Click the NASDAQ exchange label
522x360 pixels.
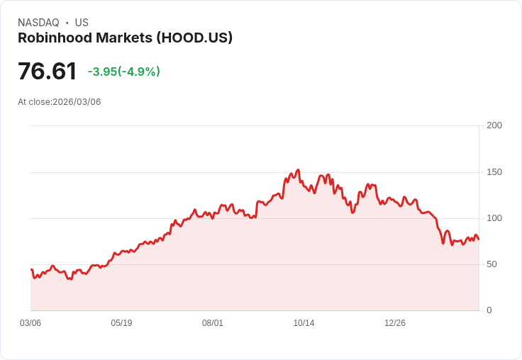[38, 23]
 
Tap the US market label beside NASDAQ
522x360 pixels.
[82, 23]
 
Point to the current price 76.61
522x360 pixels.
[47, 72]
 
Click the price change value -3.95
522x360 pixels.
[102, 72]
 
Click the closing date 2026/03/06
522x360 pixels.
[77, 102]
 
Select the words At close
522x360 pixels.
[34, 102]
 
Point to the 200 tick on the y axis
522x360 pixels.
[494, 125]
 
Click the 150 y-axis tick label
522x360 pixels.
[494, 172]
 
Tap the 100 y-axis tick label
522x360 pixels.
[494, 218]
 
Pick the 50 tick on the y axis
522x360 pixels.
[492, 264]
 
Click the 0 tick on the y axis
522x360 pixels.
[489, 310]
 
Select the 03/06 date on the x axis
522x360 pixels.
[30, 323]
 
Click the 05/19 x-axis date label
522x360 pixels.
[121, 323]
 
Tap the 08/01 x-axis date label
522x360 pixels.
[213, 323]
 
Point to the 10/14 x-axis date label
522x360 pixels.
[304, 323]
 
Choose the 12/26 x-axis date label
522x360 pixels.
[395, 323]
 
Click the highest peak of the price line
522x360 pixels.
[299, 170]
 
